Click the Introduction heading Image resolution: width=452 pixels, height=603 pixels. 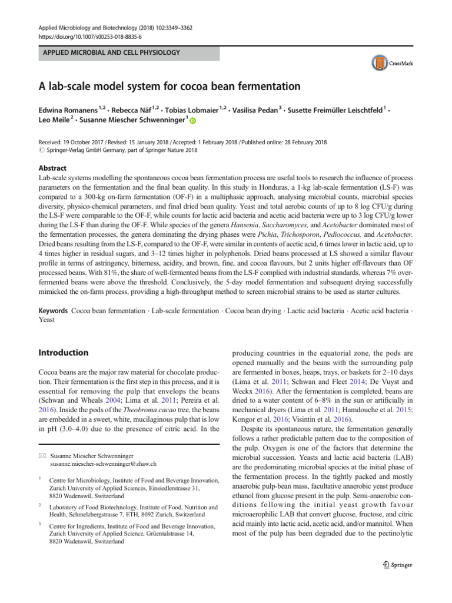tap(63, 353)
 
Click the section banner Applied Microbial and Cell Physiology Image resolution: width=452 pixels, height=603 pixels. tap(111, 53)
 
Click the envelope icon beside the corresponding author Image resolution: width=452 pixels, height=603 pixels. tap(41, 456)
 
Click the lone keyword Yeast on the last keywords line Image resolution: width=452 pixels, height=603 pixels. tap(48, 320)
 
